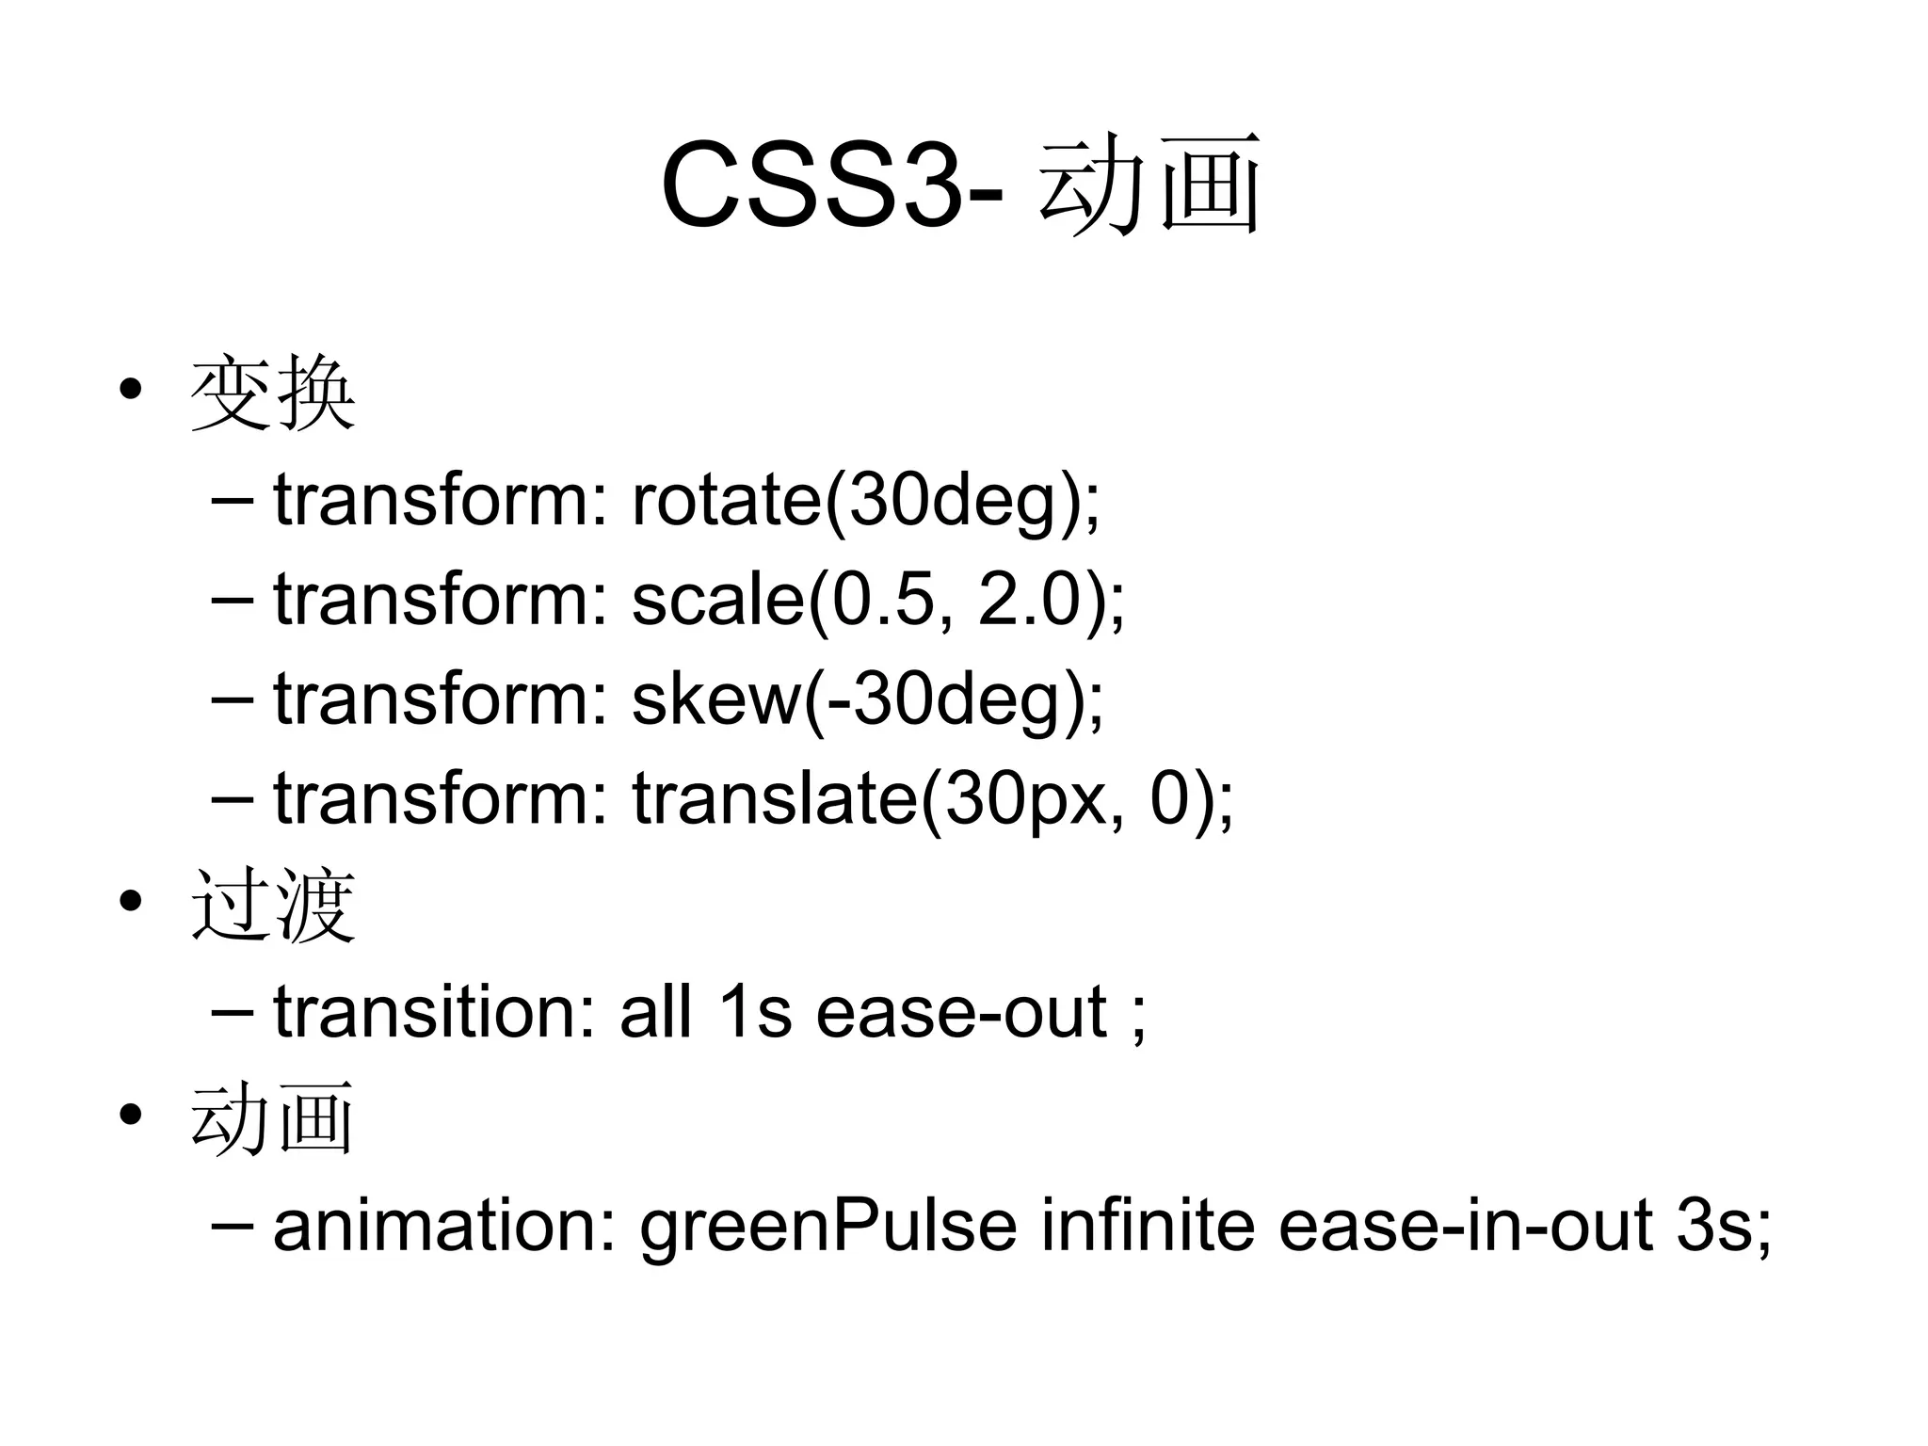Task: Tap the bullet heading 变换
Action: (x=273, y=394)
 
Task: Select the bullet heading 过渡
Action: (x=273, y=906)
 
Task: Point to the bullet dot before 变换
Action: (x=131, y=389)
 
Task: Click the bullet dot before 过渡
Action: (x=131, y=901)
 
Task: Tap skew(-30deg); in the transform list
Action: (x=867, y=699)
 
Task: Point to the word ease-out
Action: (x=960, y=1013)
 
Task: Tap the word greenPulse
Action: (x=828, y=1228)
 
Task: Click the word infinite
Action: (x=1148, y=1226)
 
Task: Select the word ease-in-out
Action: (x=1466, y=1226)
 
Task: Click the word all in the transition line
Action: (x=656, y=1012)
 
